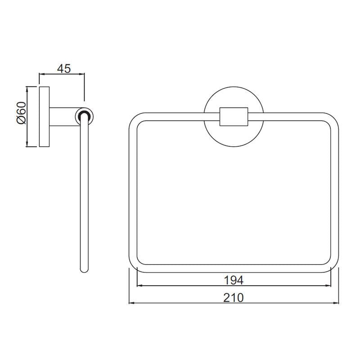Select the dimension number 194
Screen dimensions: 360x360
(x=234, y=280)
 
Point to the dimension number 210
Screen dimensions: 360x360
(x=234, y=297)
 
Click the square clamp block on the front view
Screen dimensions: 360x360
(x=234, y=117)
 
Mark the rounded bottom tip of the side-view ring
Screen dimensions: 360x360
(x=84, y=270)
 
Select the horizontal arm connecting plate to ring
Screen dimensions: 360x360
(x=63, y=116)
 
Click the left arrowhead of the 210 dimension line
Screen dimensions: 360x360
(x=132, y=303)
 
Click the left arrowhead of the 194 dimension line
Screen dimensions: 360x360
(x=139, y=286)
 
